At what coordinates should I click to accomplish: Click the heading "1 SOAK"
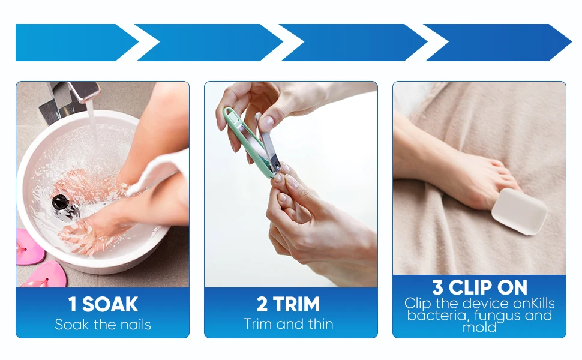(103, 304)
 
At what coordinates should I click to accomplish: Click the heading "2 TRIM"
(288, 304)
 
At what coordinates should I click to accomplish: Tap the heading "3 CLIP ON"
(479, 287)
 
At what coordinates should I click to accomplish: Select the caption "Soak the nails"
(103, 325)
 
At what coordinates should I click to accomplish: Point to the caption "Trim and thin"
(288, 324)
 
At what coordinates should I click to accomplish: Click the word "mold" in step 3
(479, 328)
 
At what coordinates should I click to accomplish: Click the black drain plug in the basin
(61, 202)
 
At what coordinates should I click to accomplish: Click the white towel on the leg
(158, 173)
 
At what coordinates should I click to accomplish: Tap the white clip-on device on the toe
(519, 212)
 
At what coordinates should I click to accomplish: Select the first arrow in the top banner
(76, 43)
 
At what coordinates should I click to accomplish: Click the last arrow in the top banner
(497, 43)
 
